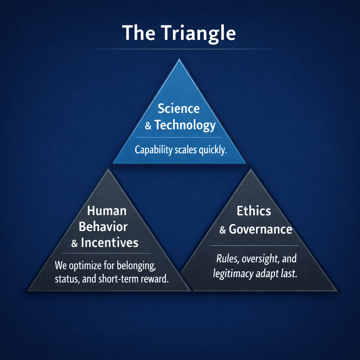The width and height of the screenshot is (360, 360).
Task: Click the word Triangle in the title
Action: click(x=199, y=33)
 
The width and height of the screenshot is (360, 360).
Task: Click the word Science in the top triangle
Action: click(x=179, y=109)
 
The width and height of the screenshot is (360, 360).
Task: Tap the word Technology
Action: click(x=185, y=126)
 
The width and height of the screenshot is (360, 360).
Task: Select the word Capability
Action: click(x=153, y=150)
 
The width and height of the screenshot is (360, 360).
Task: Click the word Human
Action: click(x=107, y=211)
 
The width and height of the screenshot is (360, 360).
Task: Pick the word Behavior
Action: click(x=103, y=227)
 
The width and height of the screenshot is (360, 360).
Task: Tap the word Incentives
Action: click(x=110, y=243)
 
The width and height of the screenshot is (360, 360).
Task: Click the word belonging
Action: click(x=137, y=266)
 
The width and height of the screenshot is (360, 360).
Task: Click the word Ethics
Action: click(x=254, y=211)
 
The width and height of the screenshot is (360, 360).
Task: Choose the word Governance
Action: click(x=261, y=229)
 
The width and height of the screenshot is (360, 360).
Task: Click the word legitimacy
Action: click(x=233, y=274)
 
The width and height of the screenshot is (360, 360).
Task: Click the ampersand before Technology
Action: click(x=148, y=126)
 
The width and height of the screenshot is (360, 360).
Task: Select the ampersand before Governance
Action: click(x=223, y=230)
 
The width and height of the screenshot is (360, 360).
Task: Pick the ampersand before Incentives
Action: click(x=75, y=243)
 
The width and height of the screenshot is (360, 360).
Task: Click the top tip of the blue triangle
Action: click(x=179, y=59)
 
